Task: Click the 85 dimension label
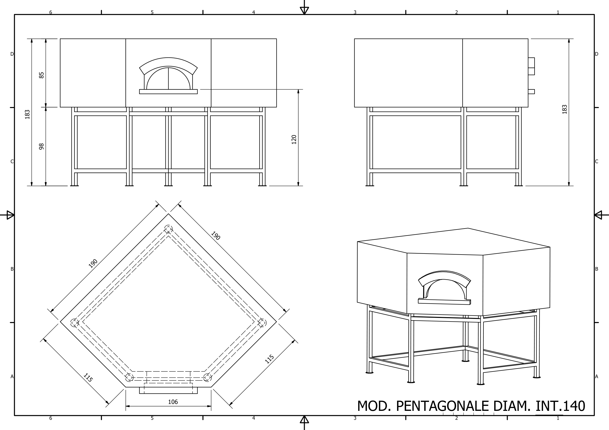[x=41, y=75]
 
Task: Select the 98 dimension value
[x=41, y=147]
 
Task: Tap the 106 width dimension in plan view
[x=173, y=402]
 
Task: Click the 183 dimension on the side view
[x=565, y=110]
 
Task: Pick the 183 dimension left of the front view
[x=27, y=114]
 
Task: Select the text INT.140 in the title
[x=560, y=406]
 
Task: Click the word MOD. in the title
[x=374, y=406]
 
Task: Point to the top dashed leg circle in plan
[x=168, y=229]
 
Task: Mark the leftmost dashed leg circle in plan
[x=75, y=323]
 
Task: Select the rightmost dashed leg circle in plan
[x=262, y=323]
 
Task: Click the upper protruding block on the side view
[x=531, y=66]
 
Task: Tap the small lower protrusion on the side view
[x=531, y=92]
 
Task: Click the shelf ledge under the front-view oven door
[x=168, y=92]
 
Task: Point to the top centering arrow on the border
[x=304, y=10]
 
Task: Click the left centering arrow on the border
[x=10, y=215]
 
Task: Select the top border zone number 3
[x=355, y=12]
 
